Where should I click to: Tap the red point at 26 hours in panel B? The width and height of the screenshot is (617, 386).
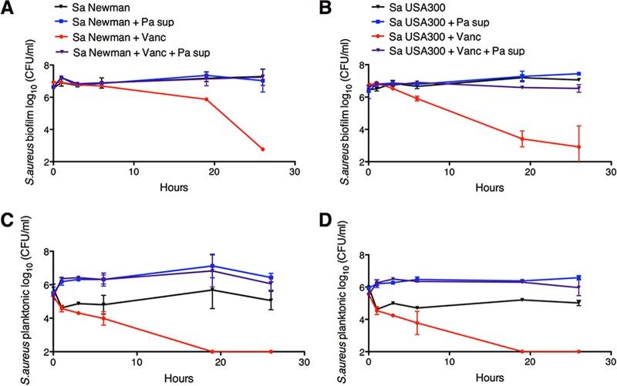pyautogui.click(x=579, y=146)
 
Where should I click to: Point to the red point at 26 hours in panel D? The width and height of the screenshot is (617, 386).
pyautogui.click(x=579, y=351)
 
